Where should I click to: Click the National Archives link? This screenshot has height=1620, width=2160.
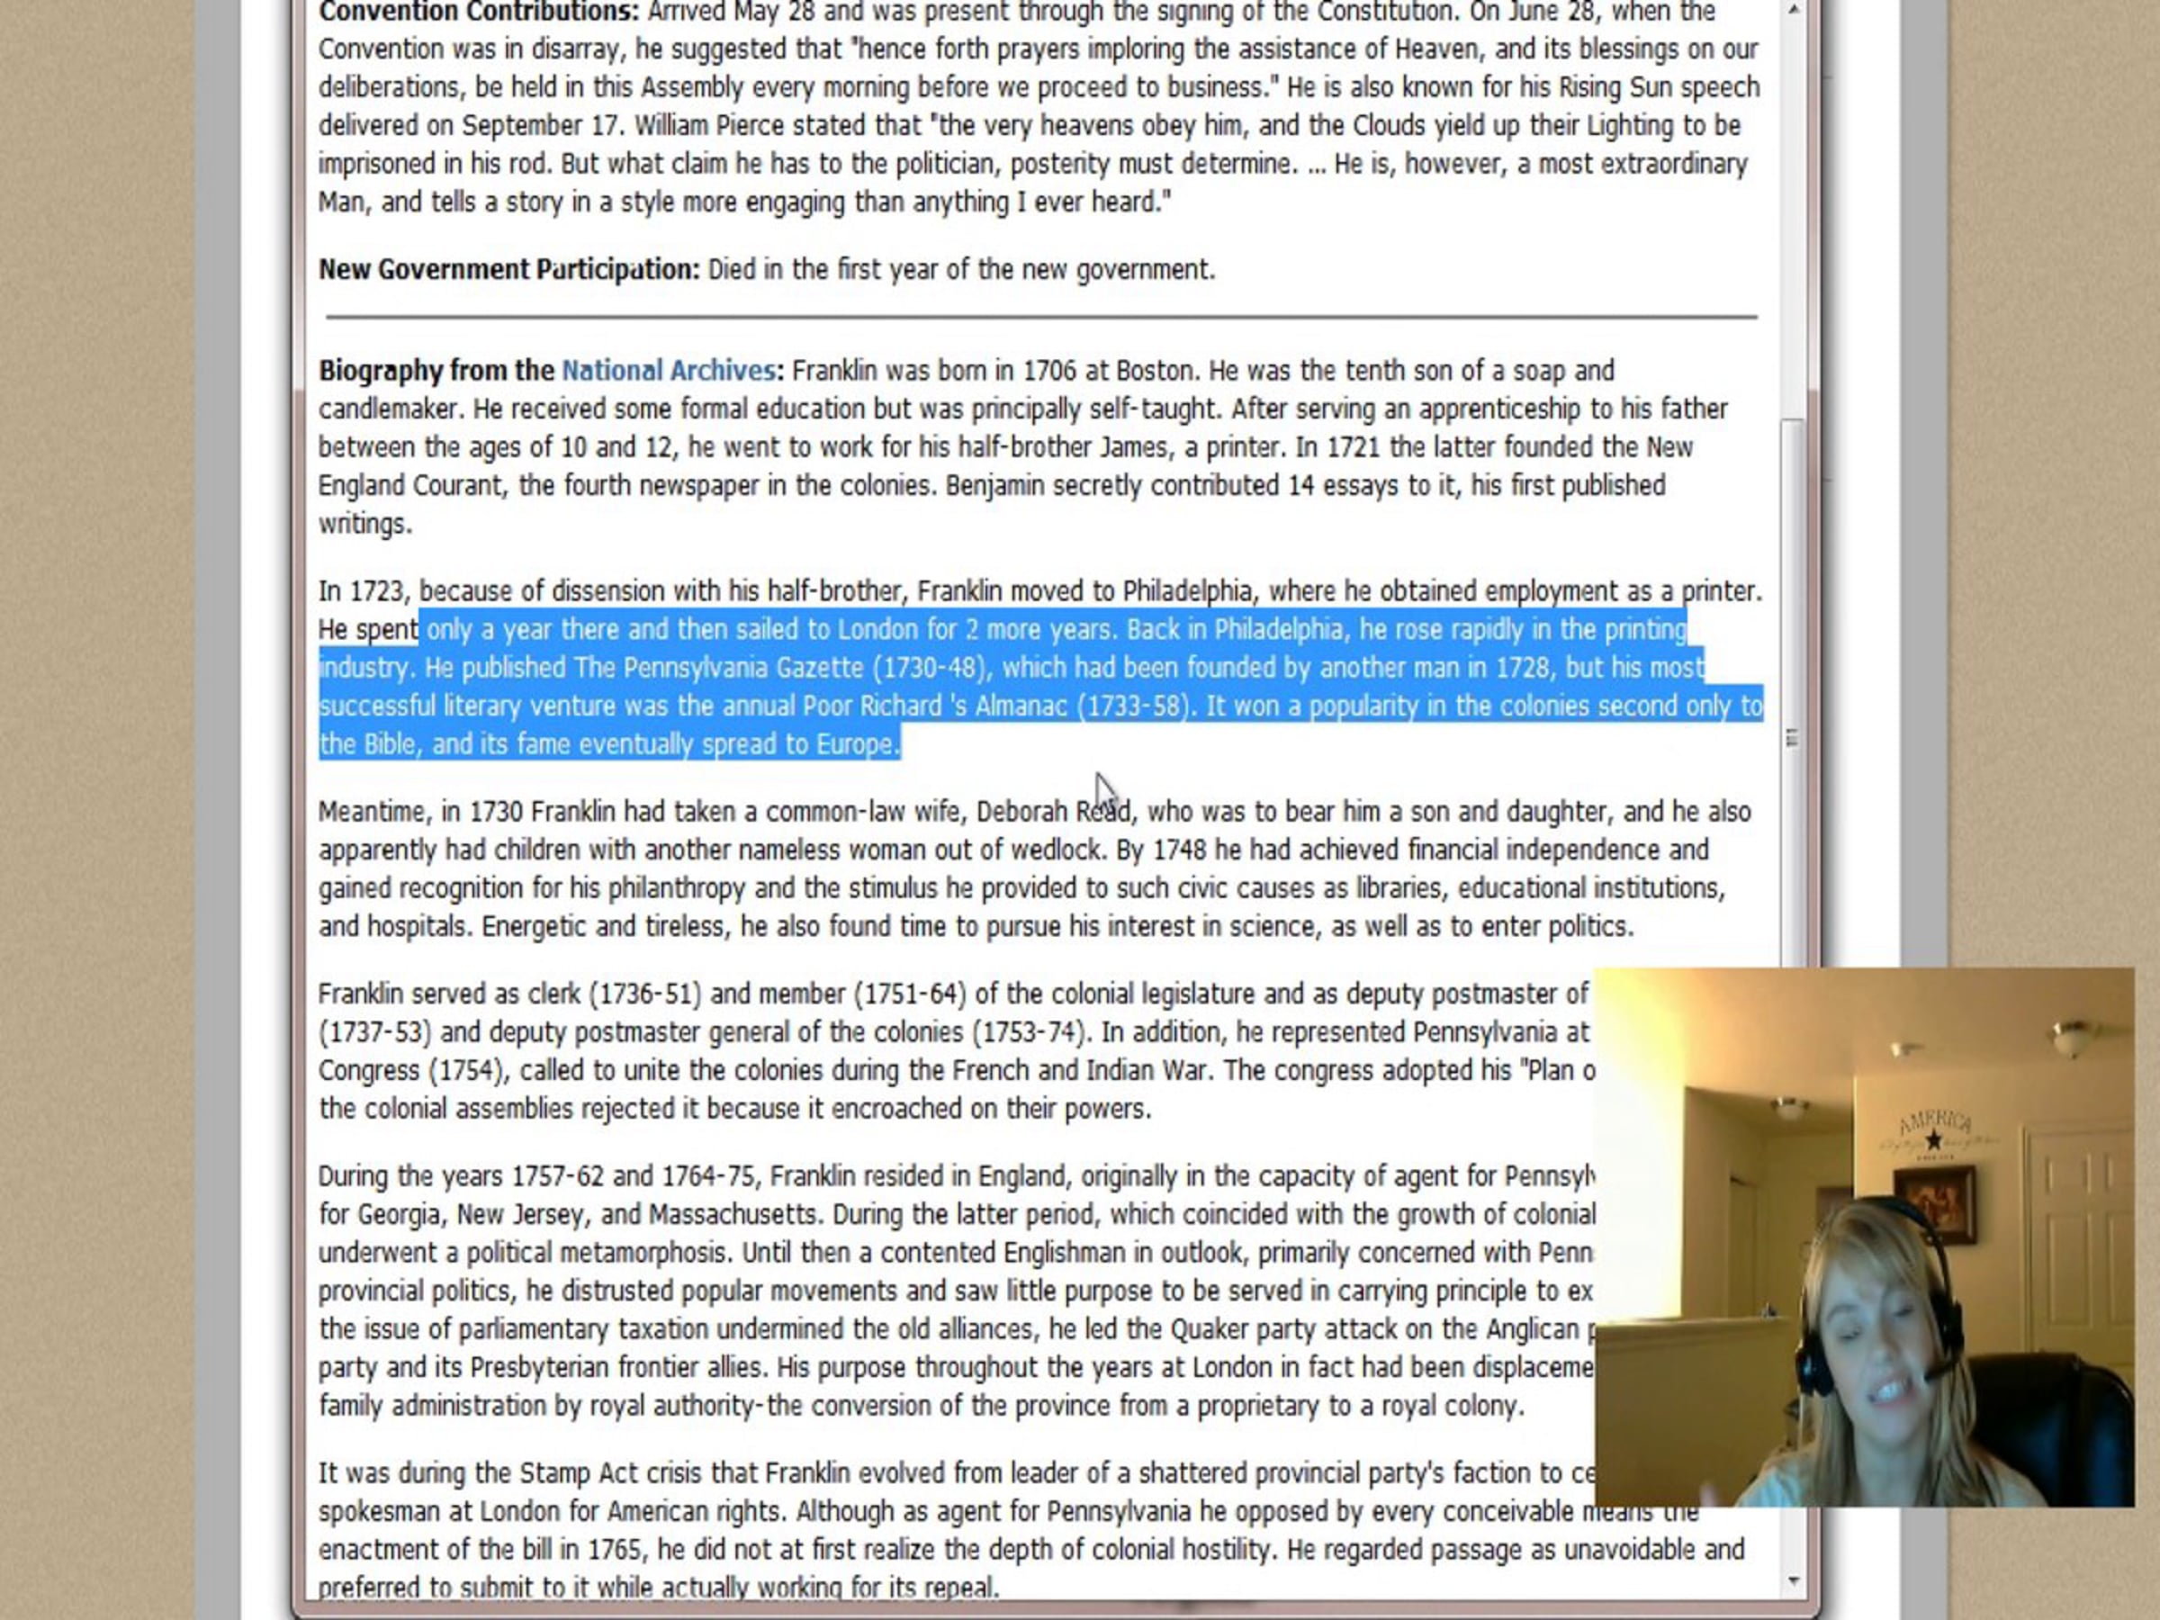668,371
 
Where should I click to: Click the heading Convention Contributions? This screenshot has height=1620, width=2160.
479,13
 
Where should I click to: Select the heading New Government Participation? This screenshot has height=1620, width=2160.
508,269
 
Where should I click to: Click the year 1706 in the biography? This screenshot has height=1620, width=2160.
1048,371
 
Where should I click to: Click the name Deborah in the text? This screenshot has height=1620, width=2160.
1021,812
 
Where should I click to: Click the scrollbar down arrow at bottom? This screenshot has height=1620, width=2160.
1793,1581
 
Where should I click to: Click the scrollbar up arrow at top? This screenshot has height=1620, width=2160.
1793,11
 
